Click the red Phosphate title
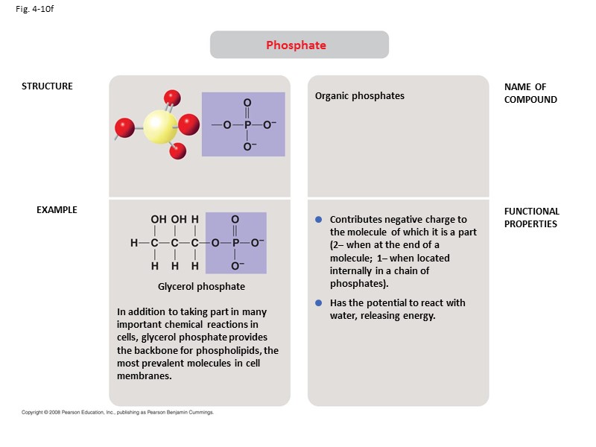[296, 45]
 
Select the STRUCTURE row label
[47, 86]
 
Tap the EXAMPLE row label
[57, 210]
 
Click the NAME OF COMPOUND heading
[530, 93]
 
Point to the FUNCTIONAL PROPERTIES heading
[531, 218]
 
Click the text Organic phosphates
[359, 96]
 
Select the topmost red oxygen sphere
[172, 97]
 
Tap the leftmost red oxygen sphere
[125, 128]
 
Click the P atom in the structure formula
[247, 124]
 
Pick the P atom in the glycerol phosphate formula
[235, 243]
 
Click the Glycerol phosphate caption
[201, 287]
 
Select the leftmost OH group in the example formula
[159, 220]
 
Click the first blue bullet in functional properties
[318, 220]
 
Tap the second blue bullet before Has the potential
[318, 303]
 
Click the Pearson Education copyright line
[118, 412]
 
